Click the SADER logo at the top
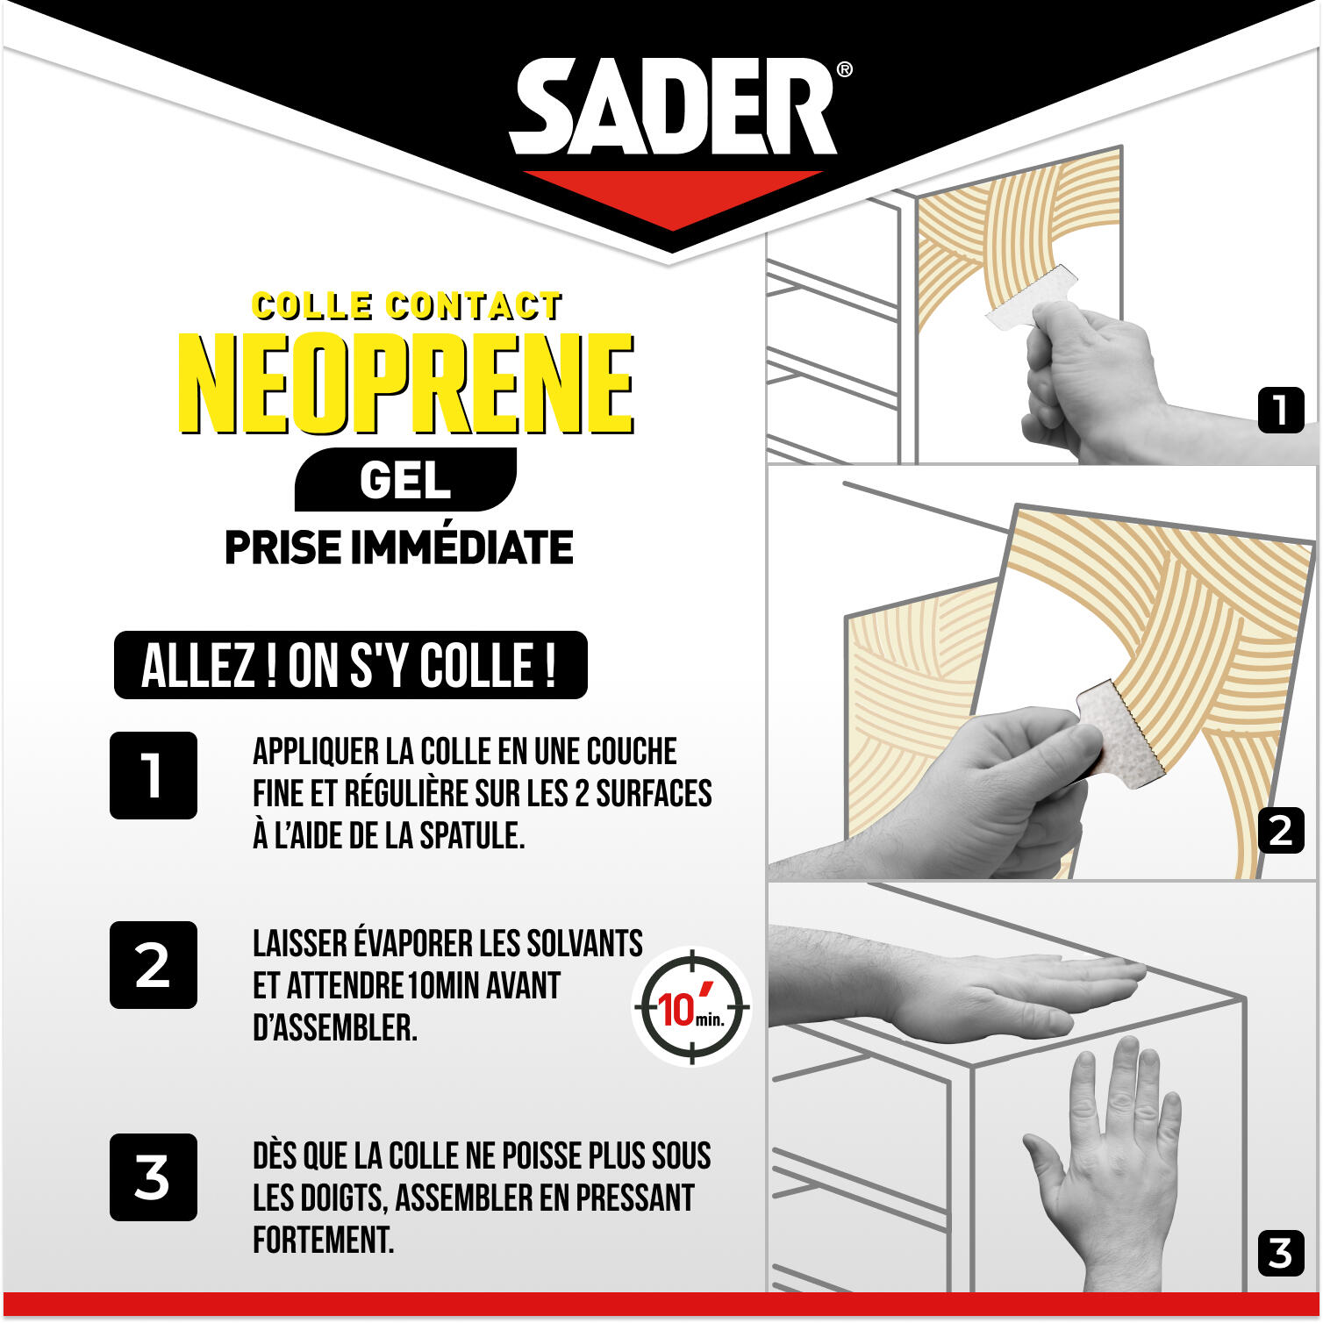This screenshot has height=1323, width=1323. [673, 107]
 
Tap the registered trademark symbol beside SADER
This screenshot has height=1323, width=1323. [844, 69]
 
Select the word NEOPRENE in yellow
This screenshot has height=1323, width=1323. [406, 383]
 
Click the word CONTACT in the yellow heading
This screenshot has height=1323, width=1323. [475, 305]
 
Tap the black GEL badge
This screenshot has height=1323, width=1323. [405, 480]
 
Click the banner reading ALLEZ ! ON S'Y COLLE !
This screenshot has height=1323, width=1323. [350, 665]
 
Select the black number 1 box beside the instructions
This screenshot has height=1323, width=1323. [154, 776]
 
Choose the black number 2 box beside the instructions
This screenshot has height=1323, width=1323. [154, 965]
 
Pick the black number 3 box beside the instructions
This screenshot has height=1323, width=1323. [154, 1177]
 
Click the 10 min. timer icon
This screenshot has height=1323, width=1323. [691, 1007]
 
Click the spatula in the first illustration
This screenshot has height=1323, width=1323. [1033, 297]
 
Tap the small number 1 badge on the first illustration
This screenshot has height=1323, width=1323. [1281, 410]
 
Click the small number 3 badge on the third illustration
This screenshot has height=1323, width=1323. [1281, 1253]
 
